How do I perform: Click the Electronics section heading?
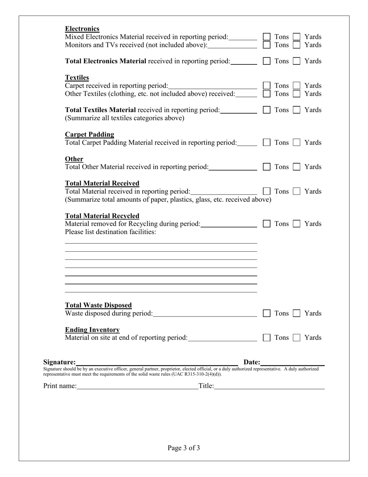pos(82,29)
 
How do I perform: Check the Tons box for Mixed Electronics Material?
pos(267,36)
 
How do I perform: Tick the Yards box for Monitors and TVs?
pos(296,45)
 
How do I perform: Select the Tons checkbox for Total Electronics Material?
pos(267,61)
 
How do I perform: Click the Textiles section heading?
pos(77,78)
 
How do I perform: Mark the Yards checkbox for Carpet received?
pos(296,85)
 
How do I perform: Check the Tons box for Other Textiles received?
pos(267,93)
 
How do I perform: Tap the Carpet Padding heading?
pos(89,135)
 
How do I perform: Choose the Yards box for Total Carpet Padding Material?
pos(296,143)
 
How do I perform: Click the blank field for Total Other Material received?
pos(233,167)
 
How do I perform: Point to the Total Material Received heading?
pos(102,183)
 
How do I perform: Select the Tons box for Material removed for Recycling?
pos(267,224)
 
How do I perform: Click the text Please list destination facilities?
pos(110,232)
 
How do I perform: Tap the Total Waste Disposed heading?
pos(98,305)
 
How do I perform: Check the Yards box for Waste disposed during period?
pos(296,313)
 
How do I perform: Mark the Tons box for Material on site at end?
pos(267,338)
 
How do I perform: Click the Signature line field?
pos(157,362)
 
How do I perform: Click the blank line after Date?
pos(293,362)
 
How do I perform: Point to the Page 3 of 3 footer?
pos(184,448)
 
